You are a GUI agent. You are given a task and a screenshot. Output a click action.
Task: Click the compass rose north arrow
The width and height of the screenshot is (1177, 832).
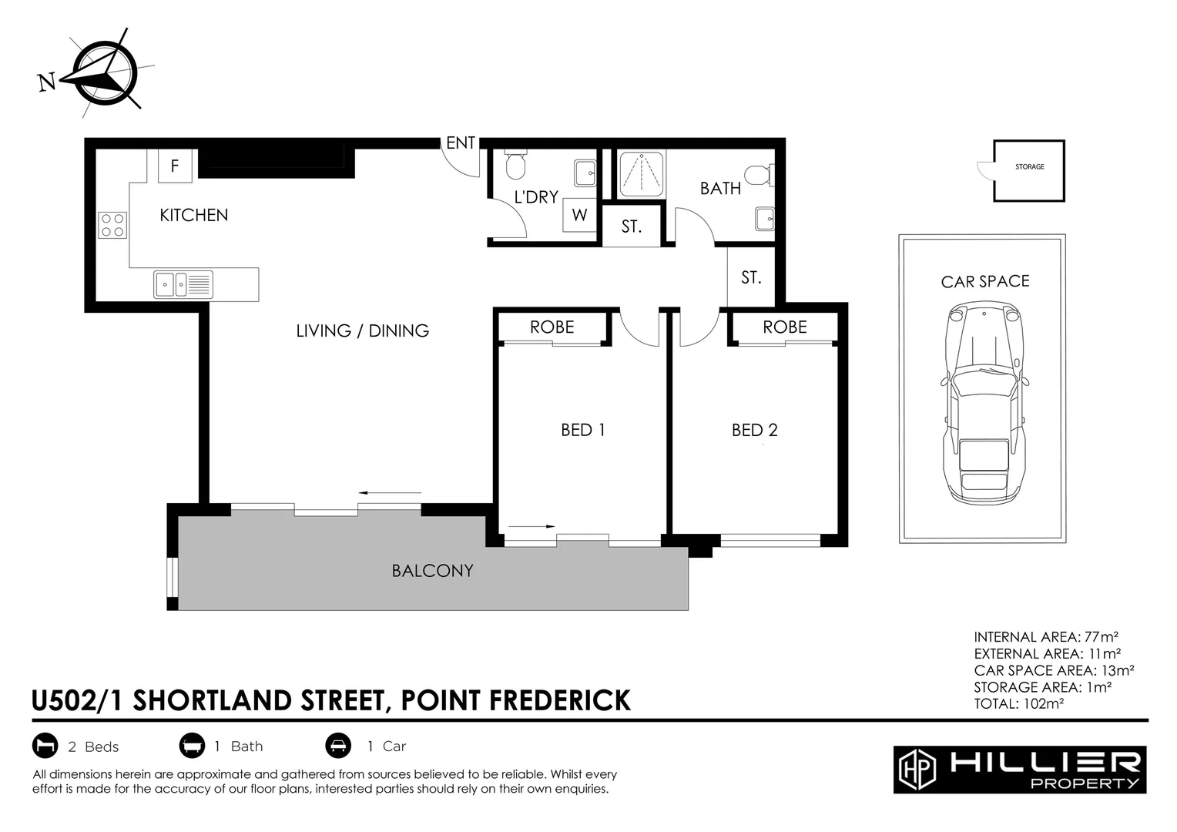click(x=98, y=73)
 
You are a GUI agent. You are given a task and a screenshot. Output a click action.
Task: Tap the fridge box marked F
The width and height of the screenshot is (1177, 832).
click(x=175, y=166)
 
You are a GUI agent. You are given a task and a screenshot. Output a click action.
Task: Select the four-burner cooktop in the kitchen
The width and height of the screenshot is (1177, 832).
click(x=112, y=225)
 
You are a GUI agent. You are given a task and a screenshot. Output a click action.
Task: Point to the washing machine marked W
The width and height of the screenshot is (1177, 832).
click(x=579, y=215)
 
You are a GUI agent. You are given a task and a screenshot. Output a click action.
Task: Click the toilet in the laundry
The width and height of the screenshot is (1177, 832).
click(x=515, y=164)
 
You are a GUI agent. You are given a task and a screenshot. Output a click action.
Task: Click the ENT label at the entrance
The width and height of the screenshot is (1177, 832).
click(x=461, y=143)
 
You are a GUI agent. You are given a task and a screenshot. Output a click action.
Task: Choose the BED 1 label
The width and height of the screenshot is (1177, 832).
click(x=583, y=430)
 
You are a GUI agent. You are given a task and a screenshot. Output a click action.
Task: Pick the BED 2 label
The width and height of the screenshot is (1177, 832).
click(x=755, y=430)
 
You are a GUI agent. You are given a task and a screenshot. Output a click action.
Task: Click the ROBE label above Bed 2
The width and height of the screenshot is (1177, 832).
click(x=785, y=327)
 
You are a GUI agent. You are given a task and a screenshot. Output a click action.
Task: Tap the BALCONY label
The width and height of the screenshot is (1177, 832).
click(x=432, y=571)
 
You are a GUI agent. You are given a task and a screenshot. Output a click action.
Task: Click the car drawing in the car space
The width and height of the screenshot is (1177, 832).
click(x=984, y=401)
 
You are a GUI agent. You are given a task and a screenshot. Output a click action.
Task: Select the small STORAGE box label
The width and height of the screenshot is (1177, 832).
click(x=1030, y=167)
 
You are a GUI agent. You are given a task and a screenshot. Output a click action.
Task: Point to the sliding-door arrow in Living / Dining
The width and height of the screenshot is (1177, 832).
click(x=391, y=493)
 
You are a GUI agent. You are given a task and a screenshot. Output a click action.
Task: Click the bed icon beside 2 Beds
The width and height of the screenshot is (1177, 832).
click(x=45, y=746)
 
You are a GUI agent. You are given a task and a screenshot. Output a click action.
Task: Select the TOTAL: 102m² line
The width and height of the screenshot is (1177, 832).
click(x=1018, y=703)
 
